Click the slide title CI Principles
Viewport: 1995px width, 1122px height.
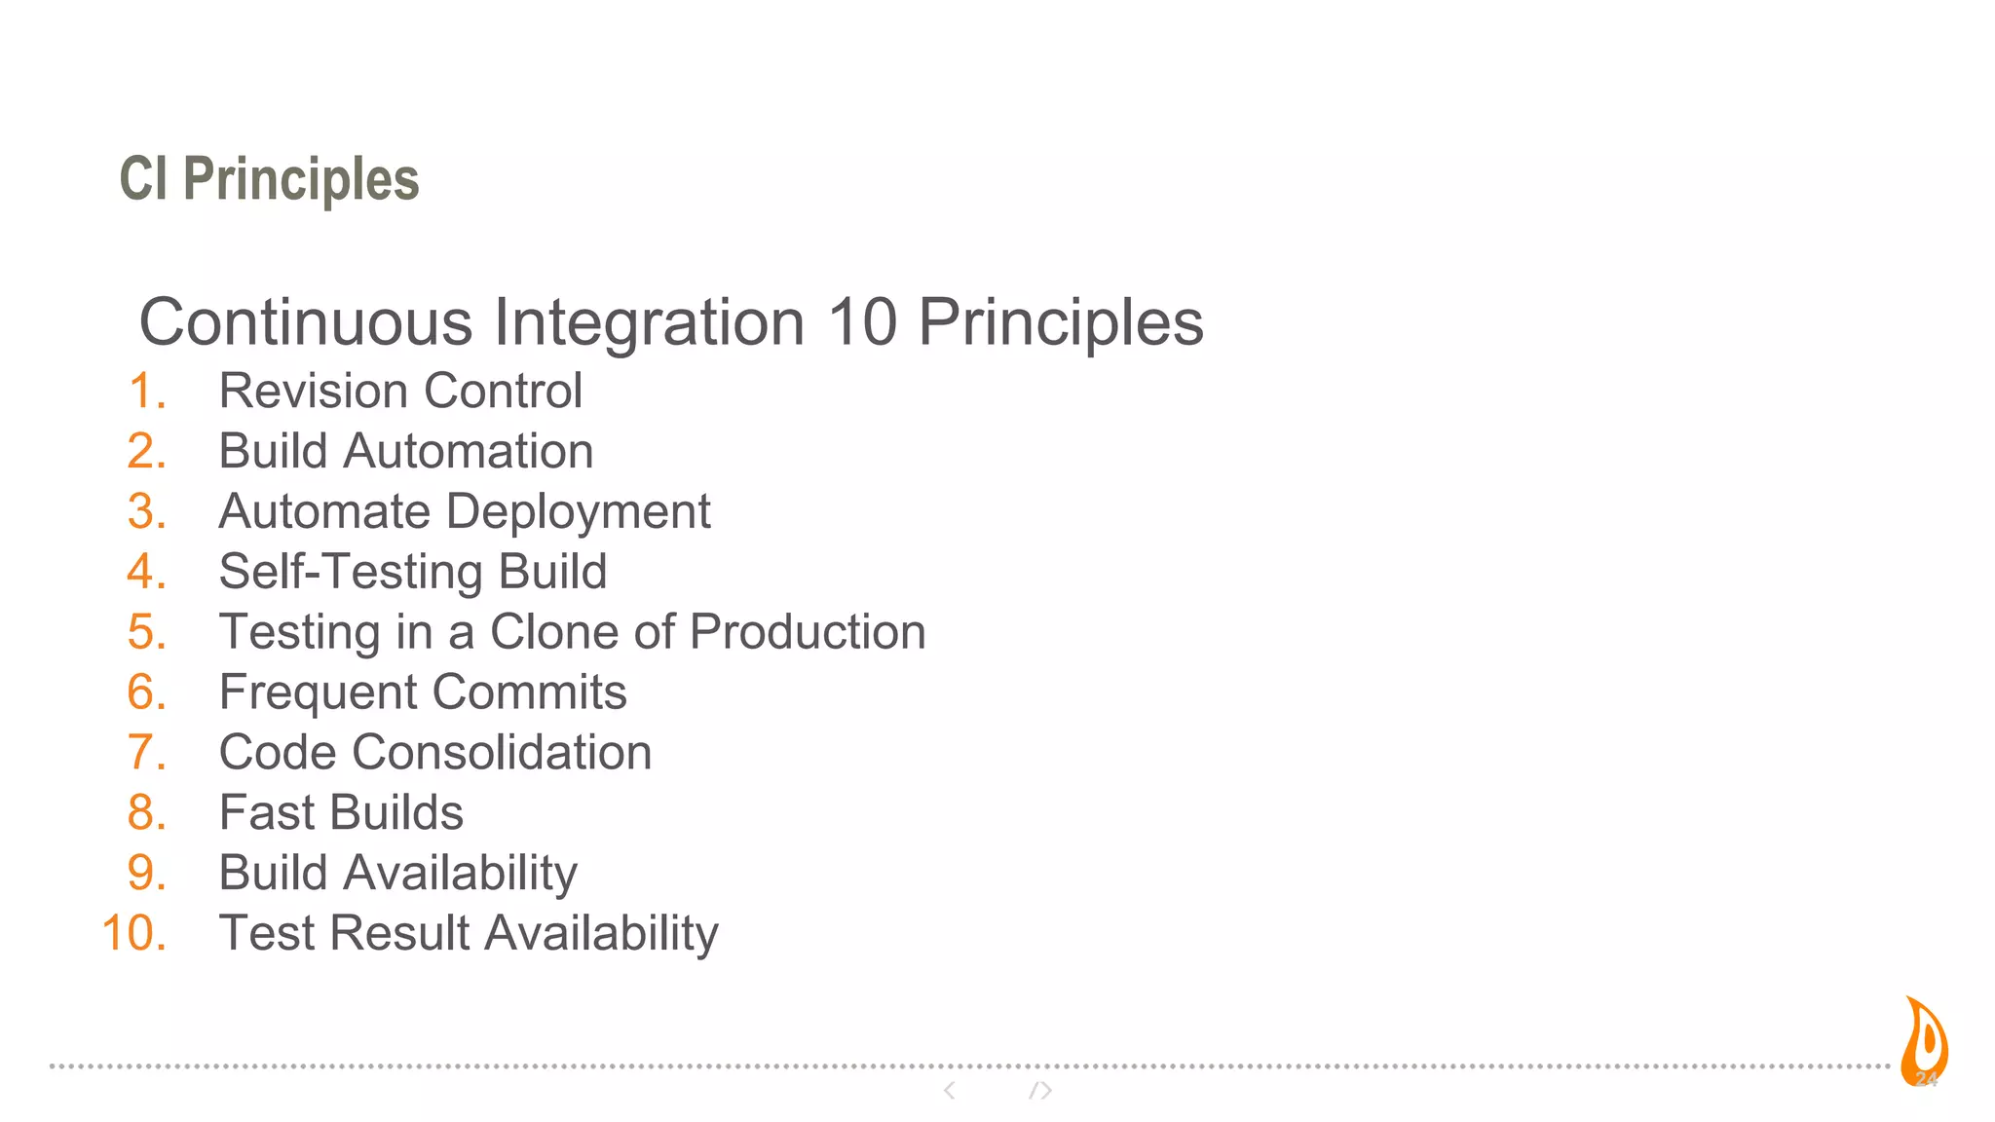[x=269, y=179]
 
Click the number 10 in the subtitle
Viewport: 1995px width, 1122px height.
[x=861, y=322]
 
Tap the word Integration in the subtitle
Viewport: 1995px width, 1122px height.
[x=649, y=322]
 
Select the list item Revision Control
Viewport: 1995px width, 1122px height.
[x=400, y=392]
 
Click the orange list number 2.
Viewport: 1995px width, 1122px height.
[x=146, y=452]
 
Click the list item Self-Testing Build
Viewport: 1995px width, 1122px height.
[x=412, y=572]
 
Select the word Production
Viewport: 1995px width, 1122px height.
[x=808, y=632]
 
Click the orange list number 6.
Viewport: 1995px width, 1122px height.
[x=146, y=692]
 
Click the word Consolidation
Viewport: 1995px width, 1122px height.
[x=502, y=753]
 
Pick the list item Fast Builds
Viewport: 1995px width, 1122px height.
[x=341, y=813]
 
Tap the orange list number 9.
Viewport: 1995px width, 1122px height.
[x=146, y=874]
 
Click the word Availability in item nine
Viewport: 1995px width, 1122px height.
[x=460, y=874]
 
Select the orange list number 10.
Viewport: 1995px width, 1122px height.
[x=134, y=933]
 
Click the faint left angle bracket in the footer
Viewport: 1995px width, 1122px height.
[x=949, y=1091]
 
